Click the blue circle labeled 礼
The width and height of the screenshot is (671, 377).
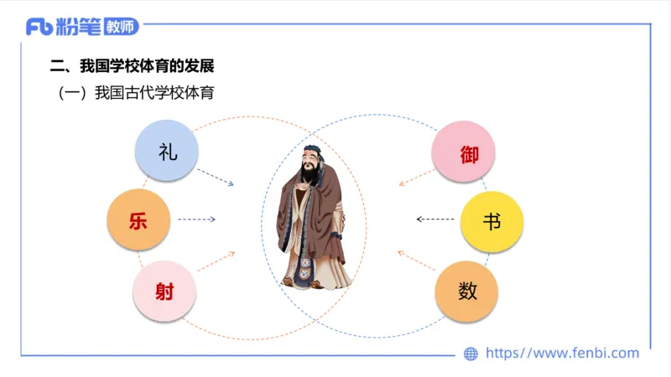point(167,152)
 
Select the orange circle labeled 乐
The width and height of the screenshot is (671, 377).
point(139,220)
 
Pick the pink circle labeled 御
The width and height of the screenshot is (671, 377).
point(464,152)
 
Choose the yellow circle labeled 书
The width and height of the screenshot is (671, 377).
point(492,221)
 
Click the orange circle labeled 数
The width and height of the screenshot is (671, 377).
point(467,291)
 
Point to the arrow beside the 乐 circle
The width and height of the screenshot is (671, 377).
point(197,219)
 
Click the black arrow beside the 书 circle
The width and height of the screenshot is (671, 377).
point(434,219)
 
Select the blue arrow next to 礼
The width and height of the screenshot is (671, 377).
point(216,178)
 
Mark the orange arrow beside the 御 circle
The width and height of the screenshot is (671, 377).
point(416,176)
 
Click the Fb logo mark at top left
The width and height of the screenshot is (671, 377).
point(39,27)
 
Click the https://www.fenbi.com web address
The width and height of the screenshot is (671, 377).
point(562,354)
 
